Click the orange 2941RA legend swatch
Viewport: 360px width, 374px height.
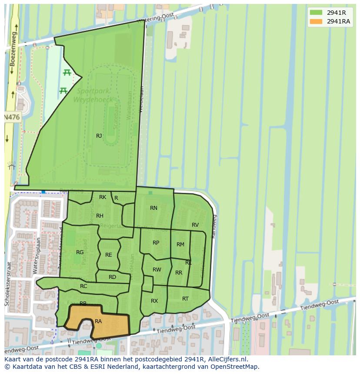pyautogui.click(x=316, y=22)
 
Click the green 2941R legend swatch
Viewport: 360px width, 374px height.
pyautogui.click(x=316, y=13)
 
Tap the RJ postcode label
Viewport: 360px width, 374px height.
pyautogui.click(x=99, y=136)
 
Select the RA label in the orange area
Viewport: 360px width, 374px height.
pyautogui.click(x=98, y=321)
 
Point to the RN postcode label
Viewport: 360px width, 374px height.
pyautogui.click(x=153, y=208)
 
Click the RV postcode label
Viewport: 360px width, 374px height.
pyautogui.click(x=195, y=225)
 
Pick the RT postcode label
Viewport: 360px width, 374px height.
pyautogui.click(x=186, y=298)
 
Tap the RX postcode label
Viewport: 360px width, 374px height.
pyautogui.click(x=154, y=301)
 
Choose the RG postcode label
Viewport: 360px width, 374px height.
pyautogui.click(x=80, y=252)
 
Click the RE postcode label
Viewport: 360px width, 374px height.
pyautogui.click(x=109, y=255)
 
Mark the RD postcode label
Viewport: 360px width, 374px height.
pyautogui.click(x=112, y=277)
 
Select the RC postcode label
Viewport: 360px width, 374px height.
pyautogui.click(x=83, y=286)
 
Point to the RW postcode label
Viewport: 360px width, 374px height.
pyautogui.click(x=157, y=270)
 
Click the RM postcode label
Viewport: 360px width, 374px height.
pyautogui.click(x=180, y=245)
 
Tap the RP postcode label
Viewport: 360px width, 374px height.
pyautogui.click(x=156, y=243)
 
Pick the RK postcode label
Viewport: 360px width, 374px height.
pyautogui.click(x=103, y=197)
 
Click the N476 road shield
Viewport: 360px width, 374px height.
pyautogui.click(x=12, y=117)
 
